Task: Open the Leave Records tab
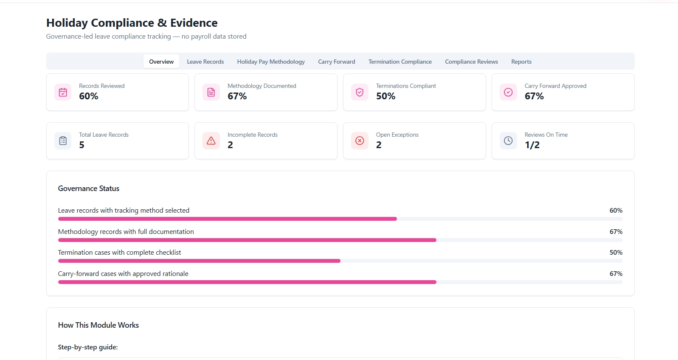point(205,62)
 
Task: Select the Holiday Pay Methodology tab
point(271,62)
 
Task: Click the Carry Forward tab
point(337,62)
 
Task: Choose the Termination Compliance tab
point(400,62)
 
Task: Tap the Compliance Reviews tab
point(471,62)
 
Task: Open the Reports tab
point(521,62)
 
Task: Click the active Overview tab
point(161,62)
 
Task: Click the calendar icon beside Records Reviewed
point(63,92)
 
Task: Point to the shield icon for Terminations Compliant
point(360,92)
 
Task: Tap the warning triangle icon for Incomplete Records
point(211,141)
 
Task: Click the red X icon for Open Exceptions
point(360,141)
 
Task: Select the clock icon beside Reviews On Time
point(508,141)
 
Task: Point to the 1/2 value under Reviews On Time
point(532,145)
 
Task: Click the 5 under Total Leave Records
point(82,145)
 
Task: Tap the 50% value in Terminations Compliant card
point(385,96)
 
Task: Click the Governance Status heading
point(88,188)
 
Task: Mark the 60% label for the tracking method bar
point(616,211)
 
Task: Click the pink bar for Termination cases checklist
point(199,261)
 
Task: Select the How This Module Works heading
point(98,325)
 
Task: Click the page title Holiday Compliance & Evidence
point(132,22)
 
